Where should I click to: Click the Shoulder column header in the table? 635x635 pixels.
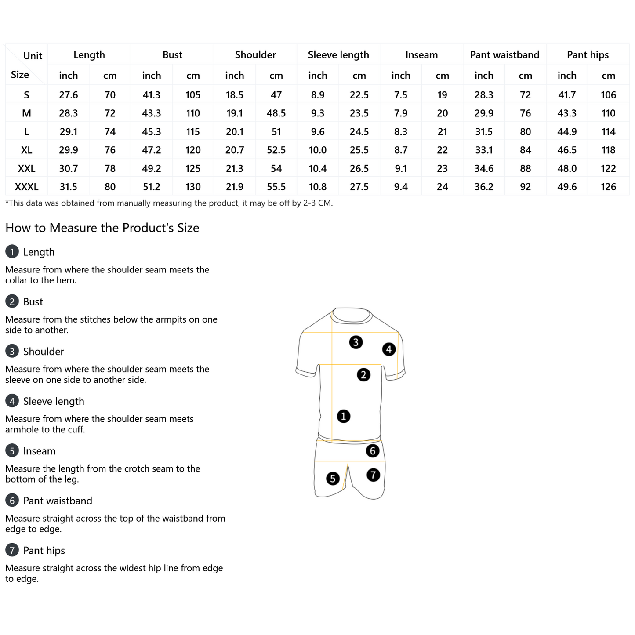255,55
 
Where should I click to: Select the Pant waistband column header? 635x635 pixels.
504,55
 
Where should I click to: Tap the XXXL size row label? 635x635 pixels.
27,187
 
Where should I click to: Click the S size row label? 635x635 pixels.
27,95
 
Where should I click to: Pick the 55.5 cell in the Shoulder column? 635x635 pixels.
276,187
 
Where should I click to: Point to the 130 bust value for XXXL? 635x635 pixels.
193,187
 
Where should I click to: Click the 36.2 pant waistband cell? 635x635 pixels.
484,187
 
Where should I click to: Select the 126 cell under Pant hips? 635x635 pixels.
608,187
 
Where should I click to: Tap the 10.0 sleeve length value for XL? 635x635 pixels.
317,150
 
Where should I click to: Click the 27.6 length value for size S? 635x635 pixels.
69,95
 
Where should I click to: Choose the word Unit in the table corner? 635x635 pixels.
33,56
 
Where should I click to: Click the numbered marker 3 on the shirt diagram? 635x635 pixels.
356,342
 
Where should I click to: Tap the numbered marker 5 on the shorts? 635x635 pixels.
333,478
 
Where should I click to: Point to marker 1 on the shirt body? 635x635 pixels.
343,416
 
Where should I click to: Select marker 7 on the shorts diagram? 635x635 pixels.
373,475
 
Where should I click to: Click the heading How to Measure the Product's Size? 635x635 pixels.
102,228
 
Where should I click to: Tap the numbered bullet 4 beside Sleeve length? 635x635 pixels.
12,401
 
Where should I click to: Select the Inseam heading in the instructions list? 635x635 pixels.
39,451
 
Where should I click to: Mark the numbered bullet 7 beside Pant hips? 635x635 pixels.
12,550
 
